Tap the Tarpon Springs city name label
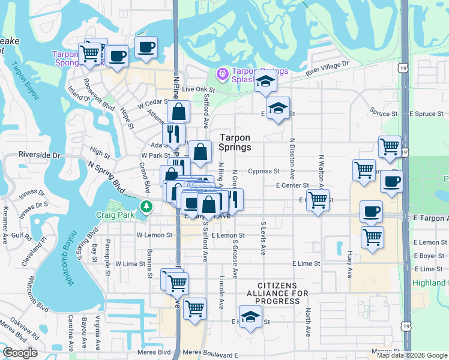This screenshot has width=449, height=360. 235,142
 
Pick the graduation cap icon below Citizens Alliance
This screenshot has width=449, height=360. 251,316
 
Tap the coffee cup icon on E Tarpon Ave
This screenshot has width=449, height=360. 370,211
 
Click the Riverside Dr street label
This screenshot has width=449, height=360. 40,155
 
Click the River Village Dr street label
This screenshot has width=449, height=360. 327,68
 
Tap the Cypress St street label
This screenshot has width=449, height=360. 264,171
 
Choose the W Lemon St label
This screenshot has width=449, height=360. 154,235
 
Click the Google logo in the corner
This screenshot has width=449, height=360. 20,353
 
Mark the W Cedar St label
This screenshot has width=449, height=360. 151,104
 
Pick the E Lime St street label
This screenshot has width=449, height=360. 306,263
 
